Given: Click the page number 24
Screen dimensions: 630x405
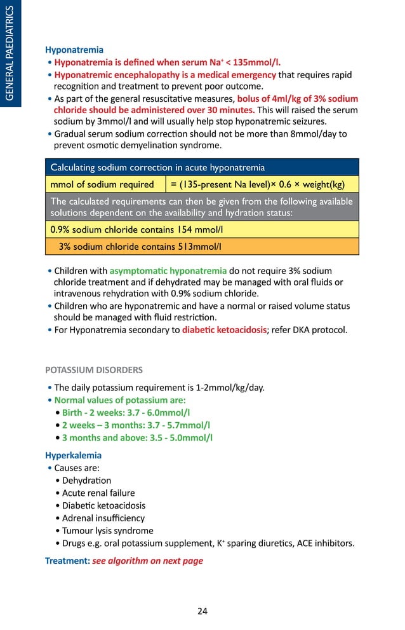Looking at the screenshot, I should click(x=202, y=612).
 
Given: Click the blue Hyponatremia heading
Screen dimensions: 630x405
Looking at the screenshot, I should click(x=74, y=50).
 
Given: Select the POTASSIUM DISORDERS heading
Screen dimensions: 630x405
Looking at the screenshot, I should click(x=94, y=369).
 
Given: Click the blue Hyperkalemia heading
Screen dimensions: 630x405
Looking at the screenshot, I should click(x=73, y=455).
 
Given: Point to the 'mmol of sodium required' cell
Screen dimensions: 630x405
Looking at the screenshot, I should click(x=102, y=184).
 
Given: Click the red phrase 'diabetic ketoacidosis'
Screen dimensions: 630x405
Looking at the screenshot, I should click(x=224, y=329).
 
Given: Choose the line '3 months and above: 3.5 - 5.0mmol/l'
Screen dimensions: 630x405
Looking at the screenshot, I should click(x=137, y=437).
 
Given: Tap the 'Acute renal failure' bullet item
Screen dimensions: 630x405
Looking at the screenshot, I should click(x=98, y=493).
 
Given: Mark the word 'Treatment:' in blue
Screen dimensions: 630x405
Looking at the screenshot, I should click(x=67, y=561).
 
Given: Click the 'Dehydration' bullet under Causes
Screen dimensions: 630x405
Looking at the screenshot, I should click(x=86, y=480).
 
